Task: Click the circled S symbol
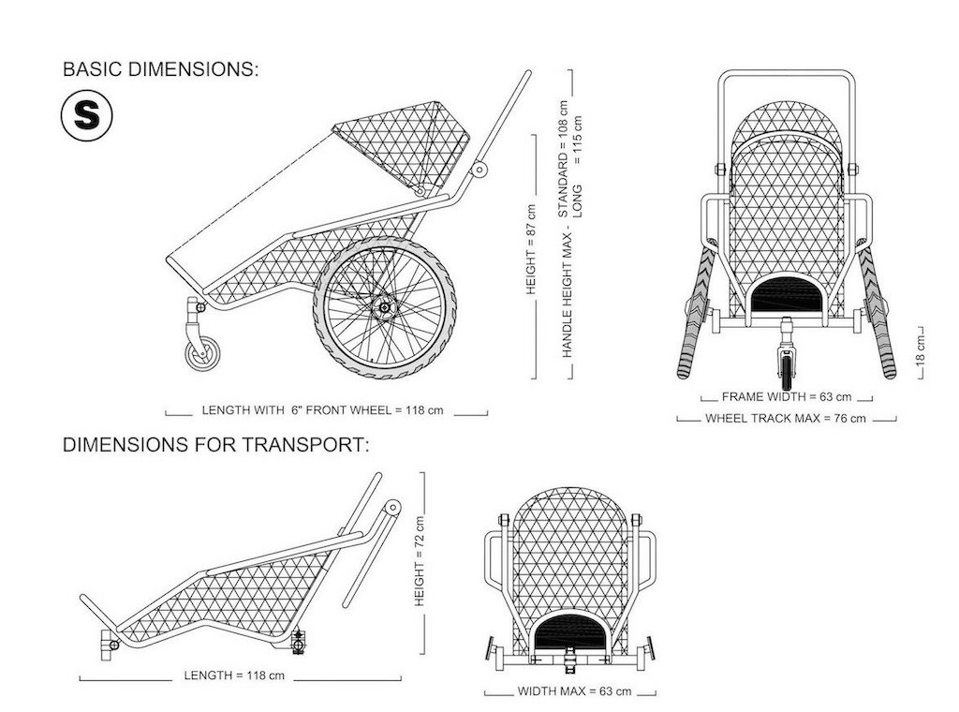click(87, 115)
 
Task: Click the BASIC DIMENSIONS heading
click(161, 69)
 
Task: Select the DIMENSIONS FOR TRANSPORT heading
click(216, 445)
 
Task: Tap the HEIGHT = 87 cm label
click(531, 249)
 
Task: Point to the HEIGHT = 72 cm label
click(420, 561)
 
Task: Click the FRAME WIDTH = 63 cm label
click(787, 396)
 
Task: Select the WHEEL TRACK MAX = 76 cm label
click(786, 419)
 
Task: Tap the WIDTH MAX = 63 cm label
click(574, 691)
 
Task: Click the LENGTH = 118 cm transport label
click(234, 675)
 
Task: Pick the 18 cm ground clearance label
click(922, 349)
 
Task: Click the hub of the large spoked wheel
click(385, 307)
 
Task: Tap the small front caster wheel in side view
click(202, 353)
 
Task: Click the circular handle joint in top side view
click(479, 170)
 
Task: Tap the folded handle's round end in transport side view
click(392, 507)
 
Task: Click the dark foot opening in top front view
click(787, 294)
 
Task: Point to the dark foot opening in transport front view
click(570, 633)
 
